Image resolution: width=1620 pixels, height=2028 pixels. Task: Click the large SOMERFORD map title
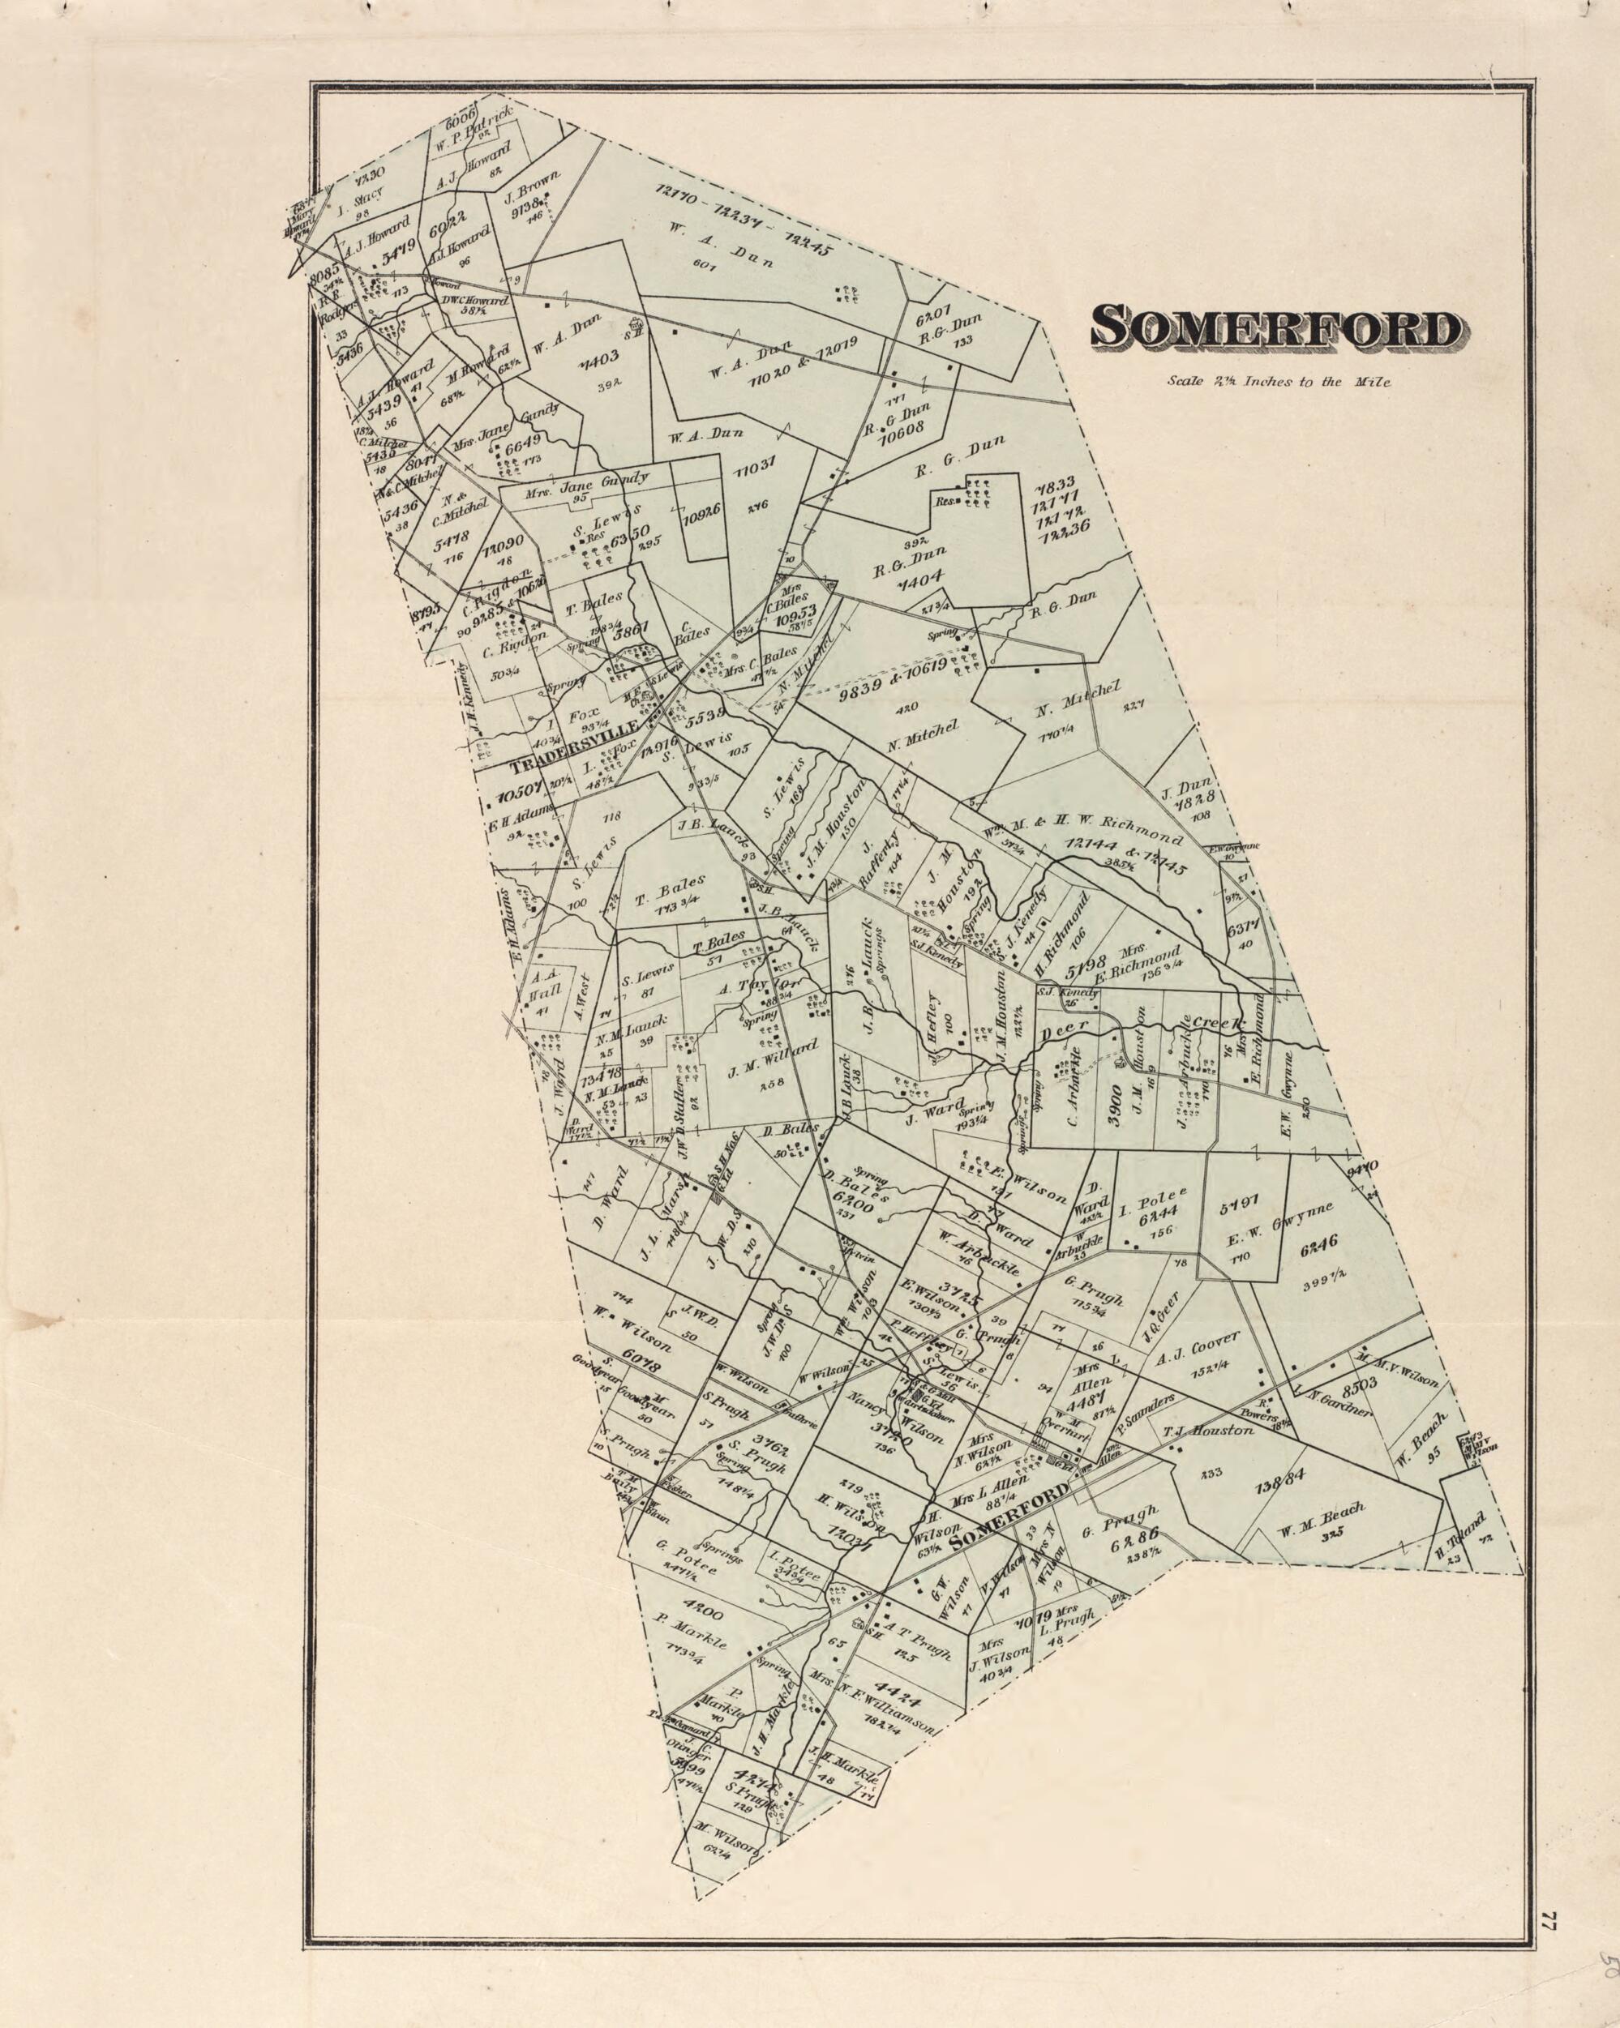click(1275, 327)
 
